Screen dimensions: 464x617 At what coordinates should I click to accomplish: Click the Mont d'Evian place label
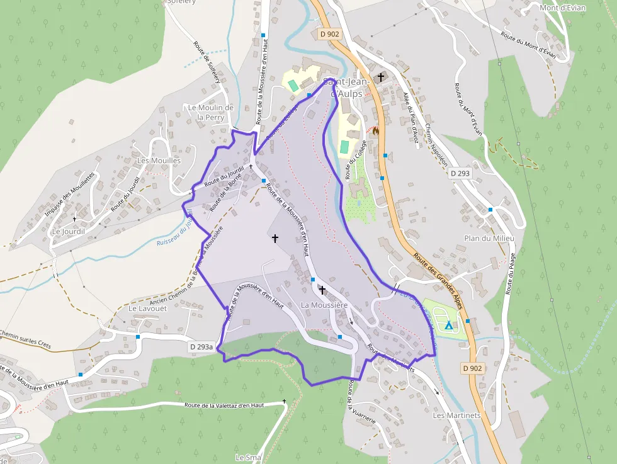[562, 8]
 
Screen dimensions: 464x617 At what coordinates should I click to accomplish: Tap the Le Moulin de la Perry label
[210, 112]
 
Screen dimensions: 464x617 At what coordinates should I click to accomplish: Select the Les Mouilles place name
[159, 161]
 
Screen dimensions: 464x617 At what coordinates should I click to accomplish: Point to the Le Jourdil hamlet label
[68, 231]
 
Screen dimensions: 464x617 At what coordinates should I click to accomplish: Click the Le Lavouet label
[147, 309]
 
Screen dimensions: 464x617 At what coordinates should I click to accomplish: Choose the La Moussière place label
[324, 305]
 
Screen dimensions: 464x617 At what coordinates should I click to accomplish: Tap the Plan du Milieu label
[489, 238]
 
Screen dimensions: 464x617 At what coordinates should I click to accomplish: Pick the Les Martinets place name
[456, 416]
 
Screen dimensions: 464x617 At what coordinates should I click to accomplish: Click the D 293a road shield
[201, 347]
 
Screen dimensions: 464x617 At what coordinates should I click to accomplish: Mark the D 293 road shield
[460, 173]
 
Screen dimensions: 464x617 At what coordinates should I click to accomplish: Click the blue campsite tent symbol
[449, 325]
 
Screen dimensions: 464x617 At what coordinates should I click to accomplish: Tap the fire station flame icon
[376, 131]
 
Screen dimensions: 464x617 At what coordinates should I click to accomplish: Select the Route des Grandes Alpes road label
[439, 281]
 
